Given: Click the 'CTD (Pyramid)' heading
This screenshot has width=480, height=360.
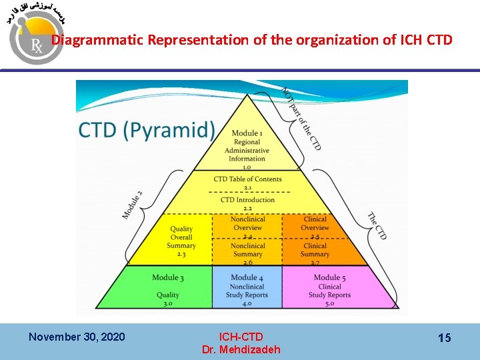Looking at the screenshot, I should (x=147, y=129).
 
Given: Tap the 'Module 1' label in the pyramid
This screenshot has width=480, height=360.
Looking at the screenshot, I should (x=247, y=134).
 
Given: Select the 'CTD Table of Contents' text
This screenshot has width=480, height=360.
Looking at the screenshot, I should (x=248, y=179).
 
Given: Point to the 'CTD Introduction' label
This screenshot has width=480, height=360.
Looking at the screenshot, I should (x=247, y=200).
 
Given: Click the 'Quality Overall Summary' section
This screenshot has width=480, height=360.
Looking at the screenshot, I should (x=181, y=237).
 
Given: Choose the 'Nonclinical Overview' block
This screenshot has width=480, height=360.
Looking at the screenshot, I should (x=248, y=223).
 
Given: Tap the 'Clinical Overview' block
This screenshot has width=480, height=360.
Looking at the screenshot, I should (x=315, y=223).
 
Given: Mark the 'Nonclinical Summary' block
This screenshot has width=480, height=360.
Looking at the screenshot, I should (x=248, y=250).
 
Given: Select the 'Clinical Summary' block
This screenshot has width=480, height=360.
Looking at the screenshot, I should (x=315, y=250).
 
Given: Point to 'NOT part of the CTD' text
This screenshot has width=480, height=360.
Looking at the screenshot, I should (x=301, y=119).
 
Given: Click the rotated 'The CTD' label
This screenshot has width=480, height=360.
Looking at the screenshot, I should (x=377, y=225).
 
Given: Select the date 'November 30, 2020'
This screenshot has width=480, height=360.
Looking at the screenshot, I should (x=77, y=337).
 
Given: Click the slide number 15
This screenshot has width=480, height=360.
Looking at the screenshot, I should (x=444, y=338).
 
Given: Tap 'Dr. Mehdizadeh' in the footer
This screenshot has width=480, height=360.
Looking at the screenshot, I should (x=241, y=349).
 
